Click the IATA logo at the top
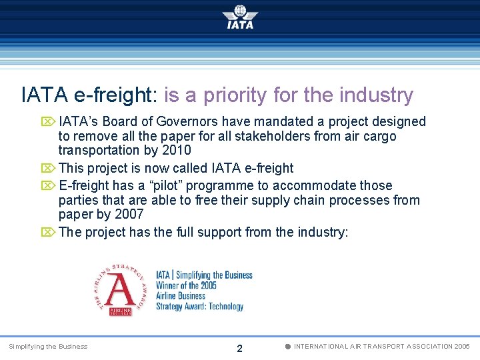[x=240, y=17]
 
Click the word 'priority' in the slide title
[x=236, y=95]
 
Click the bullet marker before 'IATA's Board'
[x=48, y=122]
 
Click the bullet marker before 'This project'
[x=48, y=169]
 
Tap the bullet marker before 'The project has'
[x=48, y=233]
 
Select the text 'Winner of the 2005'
[x=187, y=285]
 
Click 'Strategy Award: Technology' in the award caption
[x=199, y=307]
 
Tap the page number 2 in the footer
[x=240, y=348]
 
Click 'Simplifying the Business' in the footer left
[x=48, y=347]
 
